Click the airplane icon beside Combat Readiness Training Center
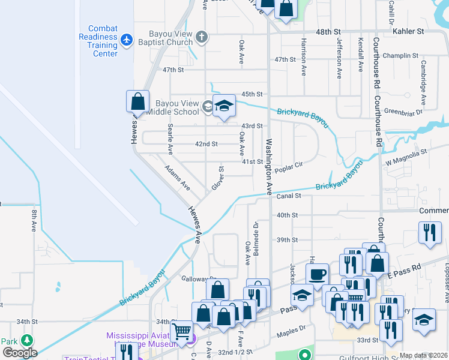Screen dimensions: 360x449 pyautogui.click(x=126, y=40)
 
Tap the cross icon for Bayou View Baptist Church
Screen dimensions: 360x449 pyautogui.click(x=202, y=37)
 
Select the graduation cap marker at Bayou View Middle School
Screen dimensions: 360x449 pyautogui.click(x=224, y=106)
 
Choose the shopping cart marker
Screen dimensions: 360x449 pyautogui.click(x=181, y=331)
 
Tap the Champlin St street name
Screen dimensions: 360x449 pyautogui.click(x=397, y=55)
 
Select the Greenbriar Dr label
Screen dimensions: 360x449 pyautogui.click(x=403, y=111)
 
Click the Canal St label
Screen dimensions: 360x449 pyautogui.click(x=288, y=196)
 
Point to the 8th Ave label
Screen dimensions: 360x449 pyautogui.click(x=34, y=220)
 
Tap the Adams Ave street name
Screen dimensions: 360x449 pyautogui.click(x=178, y=178)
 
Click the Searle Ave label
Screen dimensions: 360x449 pyautogui.click(x=170, y=137)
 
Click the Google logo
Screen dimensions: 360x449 pyautogui.click(x=20, y=353)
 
